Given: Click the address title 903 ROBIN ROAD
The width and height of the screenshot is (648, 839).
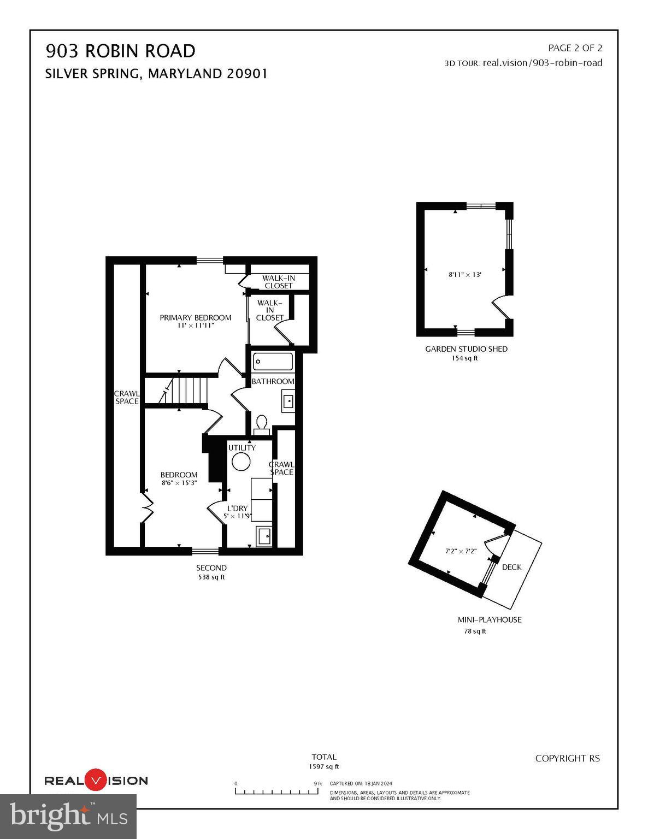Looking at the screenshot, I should (x=120, y=51).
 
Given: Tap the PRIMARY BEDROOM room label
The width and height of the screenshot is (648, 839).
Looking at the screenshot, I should (x=195, y=317).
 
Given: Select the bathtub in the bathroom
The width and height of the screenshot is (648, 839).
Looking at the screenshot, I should (x=273, y=362).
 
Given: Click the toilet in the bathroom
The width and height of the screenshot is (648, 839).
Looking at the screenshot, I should (x=262, y=424).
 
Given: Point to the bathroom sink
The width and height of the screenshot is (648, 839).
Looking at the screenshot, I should (x=288, y=401).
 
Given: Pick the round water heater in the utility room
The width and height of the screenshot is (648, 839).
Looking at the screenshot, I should (x=241, y=462).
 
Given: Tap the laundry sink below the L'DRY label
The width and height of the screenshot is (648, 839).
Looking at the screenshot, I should (x=264, y=536).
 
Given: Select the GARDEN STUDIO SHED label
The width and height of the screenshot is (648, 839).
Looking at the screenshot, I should (x=466, y=349).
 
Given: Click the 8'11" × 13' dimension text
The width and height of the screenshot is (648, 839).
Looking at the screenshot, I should (x=464, y=275).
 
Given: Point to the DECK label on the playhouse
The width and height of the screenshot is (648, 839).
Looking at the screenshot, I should (x=511, y=567).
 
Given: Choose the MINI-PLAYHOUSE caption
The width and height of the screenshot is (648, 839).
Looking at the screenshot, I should (x=489, y=620).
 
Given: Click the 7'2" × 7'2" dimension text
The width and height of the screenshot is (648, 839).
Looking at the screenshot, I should (x=461, y=551).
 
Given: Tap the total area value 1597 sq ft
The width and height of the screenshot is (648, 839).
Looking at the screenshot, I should (x=323, y=767).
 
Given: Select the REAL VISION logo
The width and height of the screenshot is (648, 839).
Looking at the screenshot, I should (x=96, y=781).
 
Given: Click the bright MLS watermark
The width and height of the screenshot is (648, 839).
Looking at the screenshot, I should (x=68, y=816).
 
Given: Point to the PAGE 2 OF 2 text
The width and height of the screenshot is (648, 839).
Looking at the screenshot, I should (x=575, y=48).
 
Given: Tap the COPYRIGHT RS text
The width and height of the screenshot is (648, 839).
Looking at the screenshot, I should (x=567, y=758).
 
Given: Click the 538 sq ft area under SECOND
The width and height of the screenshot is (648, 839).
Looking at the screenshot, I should (x=211, y=577).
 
